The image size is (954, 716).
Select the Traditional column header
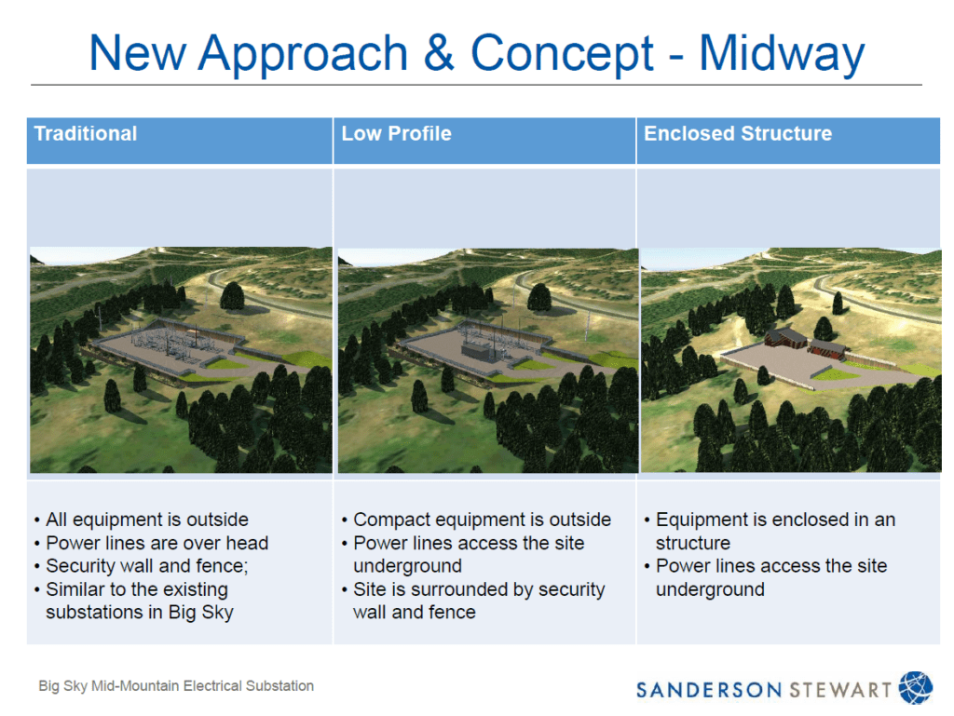click(86, 133)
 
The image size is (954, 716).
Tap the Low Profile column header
click(396, 133)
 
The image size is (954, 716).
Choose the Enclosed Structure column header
click(738, 133)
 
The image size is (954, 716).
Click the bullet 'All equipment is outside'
click(146, 520)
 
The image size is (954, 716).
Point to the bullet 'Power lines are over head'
click(157, 543)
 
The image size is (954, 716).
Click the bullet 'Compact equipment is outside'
click(482, 520)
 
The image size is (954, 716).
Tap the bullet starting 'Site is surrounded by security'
click(478, 589)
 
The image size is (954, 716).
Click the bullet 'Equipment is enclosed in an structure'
click(775, 520)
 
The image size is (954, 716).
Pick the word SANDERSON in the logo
click(710, 690)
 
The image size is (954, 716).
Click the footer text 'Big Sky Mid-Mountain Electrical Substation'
click(176, 686)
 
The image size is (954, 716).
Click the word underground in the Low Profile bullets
click(407, 566)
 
